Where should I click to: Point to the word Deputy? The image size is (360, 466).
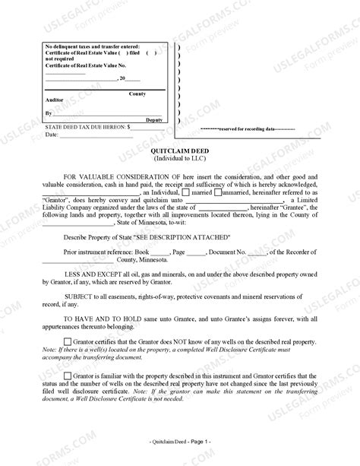pos(155,120)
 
